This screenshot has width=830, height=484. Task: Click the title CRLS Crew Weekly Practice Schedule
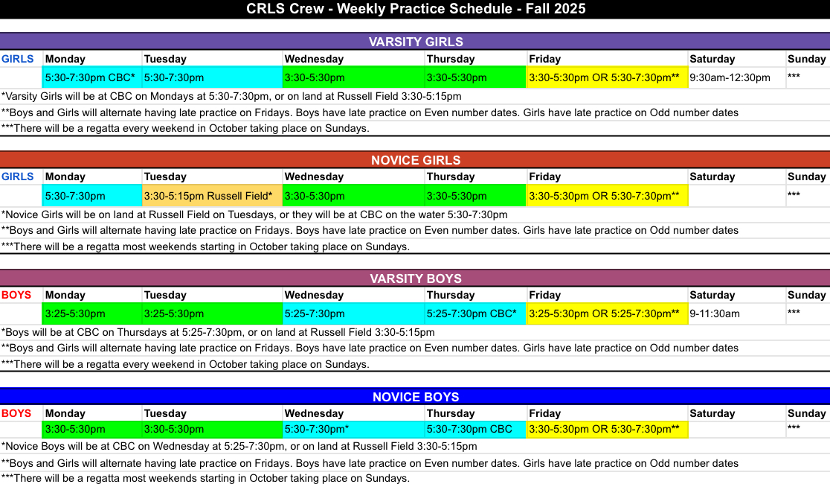point(416,9)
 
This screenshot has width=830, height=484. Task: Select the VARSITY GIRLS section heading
point(416,42)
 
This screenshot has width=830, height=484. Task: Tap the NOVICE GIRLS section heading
point(416,160)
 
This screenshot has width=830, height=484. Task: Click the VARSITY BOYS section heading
point(416,278)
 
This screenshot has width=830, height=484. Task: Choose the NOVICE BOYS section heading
point(416,397)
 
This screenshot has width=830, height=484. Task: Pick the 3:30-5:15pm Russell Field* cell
point(212,196)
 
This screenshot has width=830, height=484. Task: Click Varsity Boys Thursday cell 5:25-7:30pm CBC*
point(475,313)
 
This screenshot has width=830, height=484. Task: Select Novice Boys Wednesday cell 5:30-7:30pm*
point(353,430)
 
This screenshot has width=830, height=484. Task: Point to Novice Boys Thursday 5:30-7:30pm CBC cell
point(475,430)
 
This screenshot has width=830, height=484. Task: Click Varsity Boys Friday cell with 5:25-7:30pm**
point(607,313)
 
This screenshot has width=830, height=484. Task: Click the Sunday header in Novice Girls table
point(807,176)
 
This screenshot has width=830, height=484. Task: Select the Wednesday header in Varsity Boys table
point(314,295)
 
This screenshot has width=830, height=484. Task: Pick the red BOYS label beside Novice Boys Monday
point(16,413)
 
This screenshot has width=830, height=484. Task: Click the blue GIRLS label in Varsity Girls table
point(17,59)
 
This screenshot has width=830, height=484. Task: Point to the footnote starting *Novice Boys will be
point(239,446)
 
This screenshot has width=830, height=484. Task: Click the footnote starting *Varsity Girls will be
point(231,97)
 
